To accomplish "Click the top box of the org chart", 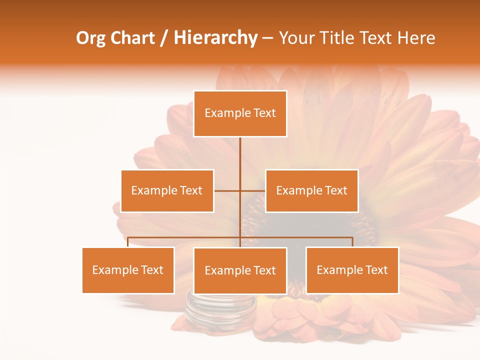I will coord(240,113).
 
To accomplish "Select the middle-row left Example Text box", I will coord(167,190).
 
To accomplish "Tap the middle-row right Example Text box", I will coord(311,190).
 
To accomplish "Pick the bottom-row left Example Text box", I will coord(128,270).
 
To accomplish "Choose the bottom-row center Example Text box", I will coord(240,270).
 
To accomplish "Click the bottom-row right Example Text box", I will coord(352,270).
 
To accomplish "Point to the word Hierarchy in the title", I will coord(215,38).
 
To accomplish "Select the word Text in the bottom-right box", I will coord(376,270).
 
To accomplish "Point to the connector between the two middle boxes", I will coord(240,190).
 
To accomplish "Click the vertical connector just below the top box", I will coord(240,150).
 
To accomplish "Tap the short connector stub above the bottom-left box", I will coord(128,242).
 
